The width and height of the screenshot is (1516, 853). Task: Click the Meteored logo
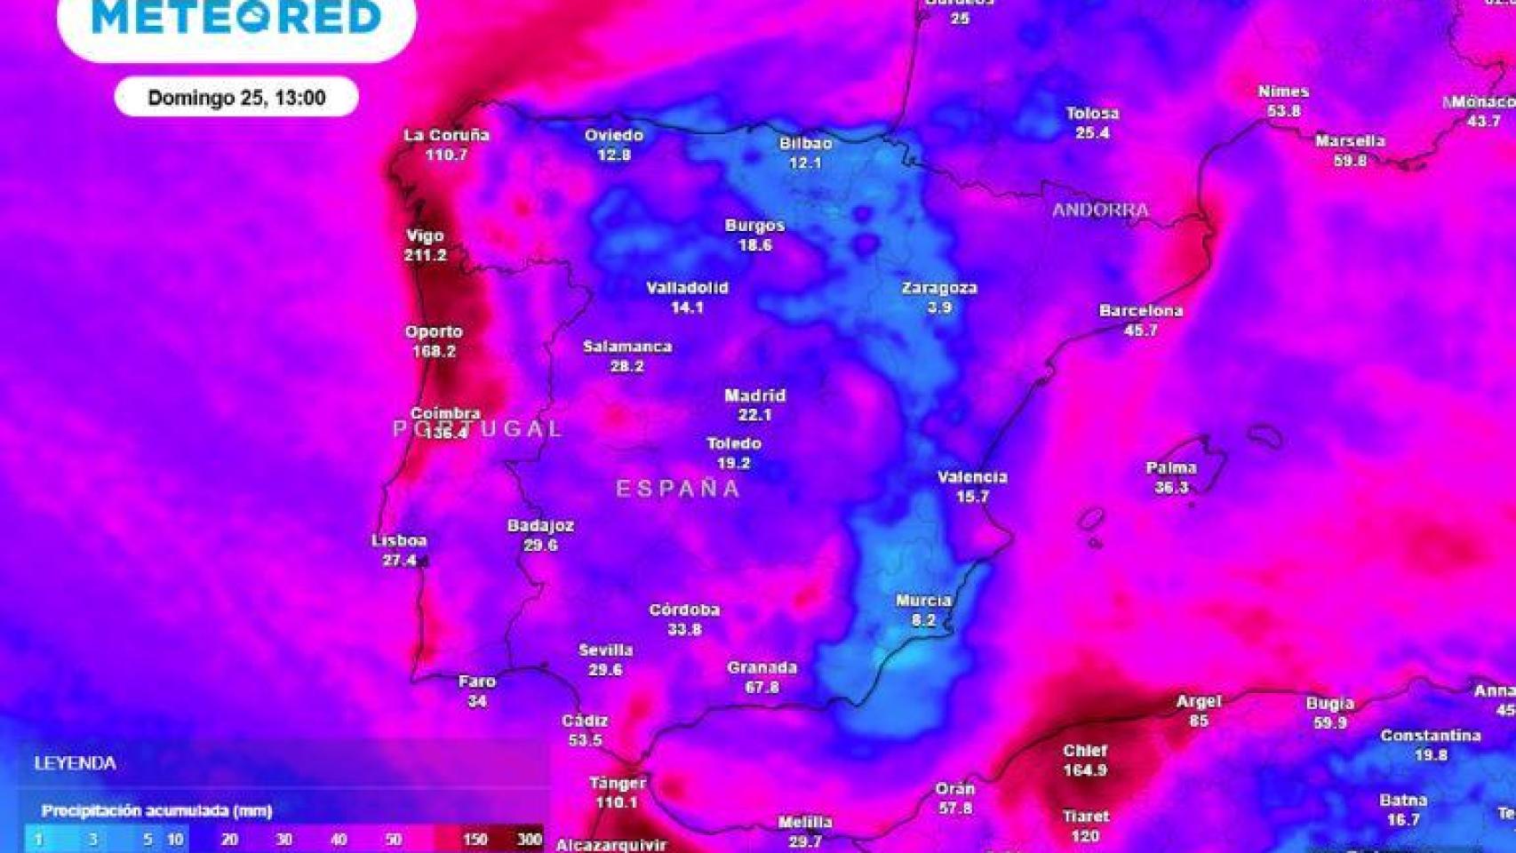(x=236, y=18)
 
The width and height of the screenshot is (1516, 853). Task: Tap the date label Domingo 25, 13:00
(x=236, y=98)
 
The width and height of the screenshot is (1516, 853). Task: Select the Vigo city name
(x=425, y=236)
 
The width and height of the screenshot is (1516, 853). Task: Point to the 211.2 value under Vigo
(x=425, y=256)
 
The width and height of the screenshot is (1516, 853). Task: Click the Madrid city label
(x=754, y=395)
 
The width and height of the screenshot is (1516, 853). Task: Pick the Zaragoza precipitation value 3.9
(x=939, y=307)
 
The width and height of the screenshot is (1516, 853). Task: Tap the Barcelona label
(x=1141, y=311)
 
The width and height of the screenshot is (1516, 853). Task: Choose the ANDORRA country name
(x=1100, y=211)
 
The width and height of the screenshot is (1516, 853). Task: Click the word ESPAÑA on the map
(x=678, y=488)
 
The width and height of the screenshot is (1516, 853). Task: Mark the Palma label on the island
(x=1171, y=468)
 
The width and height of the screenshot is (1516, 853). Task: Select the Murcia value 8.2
(x=923, y=620)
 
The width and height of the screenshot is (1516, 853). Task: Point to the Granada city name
(x=762, y=667)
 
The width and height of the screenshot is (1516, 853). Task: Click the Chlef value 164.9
(x=1085, y=770)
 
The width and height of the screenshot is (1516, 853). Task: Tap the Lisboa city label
(x=399, y=540)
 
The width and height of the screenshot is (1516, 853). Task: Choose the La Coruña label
(x=446, y=135)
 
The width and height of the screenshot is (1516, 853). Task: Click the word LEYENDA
(x=75, y=763)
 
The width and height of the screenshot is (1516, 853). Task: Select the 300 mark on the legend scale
(x=530, y=840)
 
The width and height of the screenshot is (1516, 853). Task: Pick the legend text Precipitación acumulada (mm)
(x=156, y=810)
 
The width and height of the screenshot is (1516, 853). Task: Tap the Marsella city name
(x=1350, y=140)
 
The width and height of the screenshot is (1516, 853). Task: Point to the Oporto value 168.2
(x=434, y=351)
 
